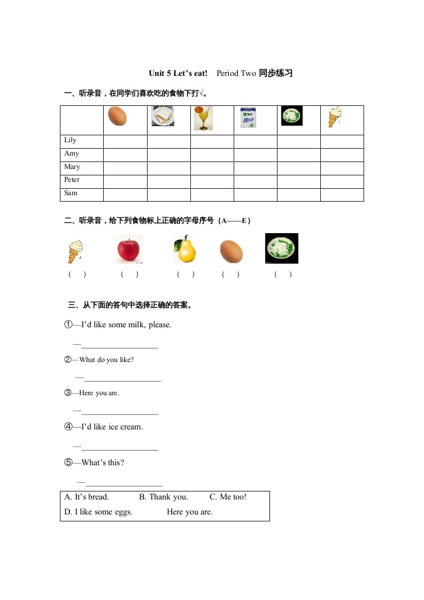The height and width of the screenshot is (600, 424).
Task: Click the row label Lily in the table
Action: (x=71, y=141)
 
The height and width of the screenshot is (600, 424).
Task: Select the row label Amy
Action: (x=72, y=154)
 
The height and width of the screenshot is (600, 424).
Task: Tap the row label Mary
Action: (x=72, y=167)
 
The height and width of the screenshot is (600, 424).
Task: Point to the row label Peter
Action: (x=72, y=180)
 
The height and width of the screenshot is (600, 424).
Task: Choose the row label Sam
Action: (x=71, y=193)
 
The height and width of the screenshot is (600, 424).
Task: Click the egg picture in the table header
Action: (x=117, y=116)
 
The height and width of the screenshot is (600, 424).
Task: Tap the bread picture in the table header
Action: (x=163, y=116)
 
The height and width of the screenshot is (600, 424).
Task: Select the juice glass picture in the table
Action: (x=203, y=118)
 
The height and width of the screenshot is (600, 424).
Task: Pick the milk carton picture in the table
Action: (x=248, y=118)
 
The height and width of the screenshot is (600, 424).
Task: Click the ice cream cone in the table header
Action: (x=335, y=118)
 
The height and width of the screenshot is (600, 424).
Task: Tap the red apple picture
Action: (x=128, y=249)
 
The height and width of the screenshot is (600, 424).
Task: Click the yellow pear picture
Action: (x=185, y=249)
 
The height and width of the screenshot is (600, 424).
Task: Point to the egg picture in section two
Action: (x=232, y=251)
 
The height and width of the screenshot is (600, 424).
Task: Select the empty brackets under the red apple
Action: (x=129, y=275)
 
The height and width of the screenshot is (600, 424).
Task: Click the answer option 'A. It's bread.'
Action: (x=87, y=497)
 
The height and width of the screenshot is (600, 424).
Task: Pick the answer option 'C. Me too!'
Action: (x=228, y=497)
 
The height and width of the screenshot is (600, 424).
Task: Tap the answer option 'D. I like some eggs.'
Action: (x=98, y=512)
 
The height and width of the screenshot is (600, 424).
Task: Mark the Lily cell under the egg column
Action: (x=125, y=142)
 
